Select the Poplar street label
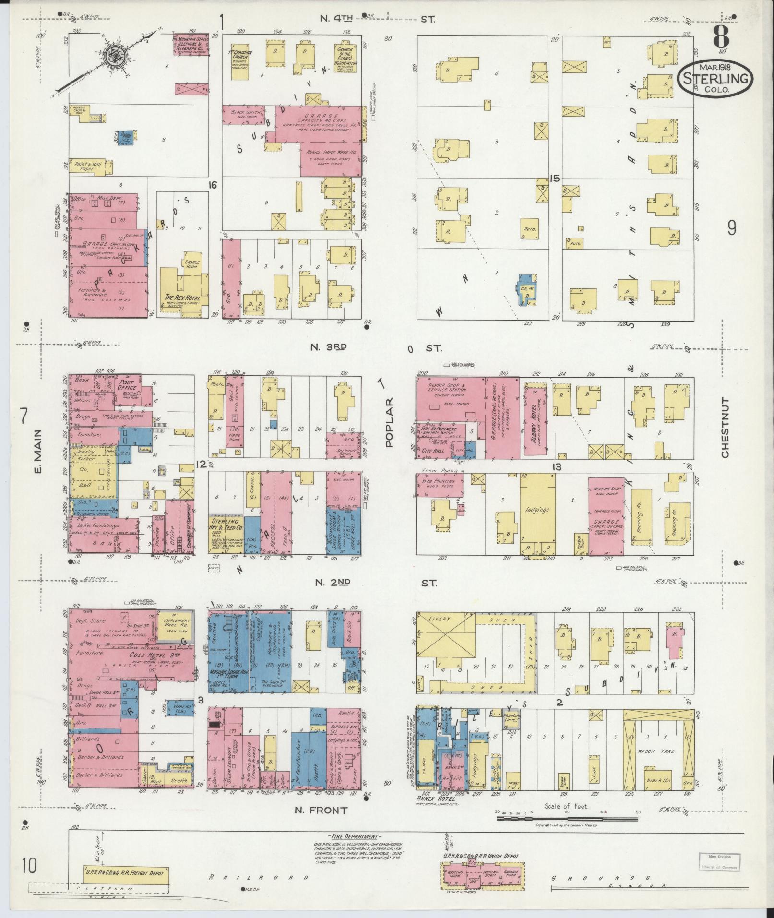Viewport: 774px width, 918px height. [388, 422]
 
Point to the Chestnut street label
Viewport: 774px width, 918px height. [724, 428]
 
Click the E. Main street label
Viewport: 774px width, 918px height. [38, 451]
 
